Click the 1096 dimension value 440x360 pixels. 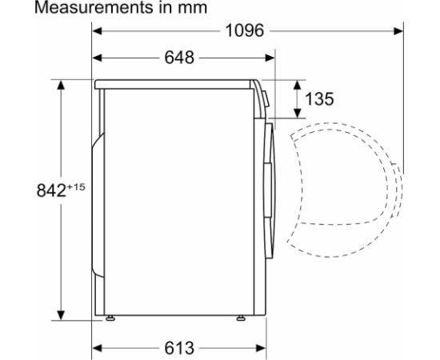(x=244, y=31)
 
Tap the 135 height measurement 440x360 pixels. (x=319, y=99)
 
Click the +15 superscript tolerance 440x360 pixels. (x=75, y=186)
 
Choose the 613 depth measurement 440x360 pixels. (x=181, y=348)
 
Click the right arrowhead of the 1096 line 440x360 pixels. (x=399, y=31)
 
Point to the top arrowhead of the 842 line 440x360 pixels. (x=61, y=84)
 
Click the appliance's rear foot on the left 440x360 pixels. (x=110, y=319)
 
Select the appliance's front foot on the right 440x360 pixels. (x=240, y=319)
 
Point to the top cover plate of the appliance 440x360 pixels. (x=176, y=83)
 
